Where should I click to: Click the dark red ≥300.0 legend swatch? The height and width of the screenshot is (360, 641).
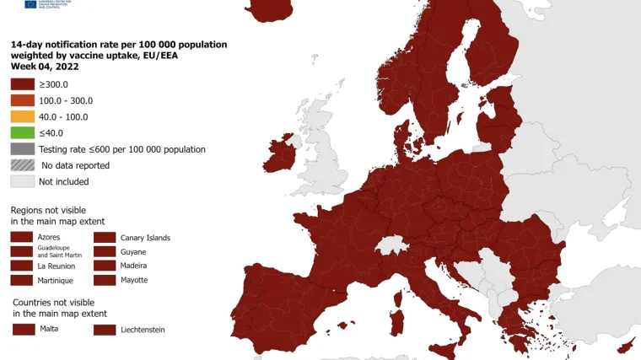tap(22, 84)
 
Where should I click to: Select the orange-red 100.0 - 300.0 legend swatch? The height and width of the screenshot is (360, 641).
tap(22, 100)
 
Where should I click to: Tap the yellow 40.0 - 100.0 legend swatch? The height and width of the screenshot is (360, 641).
tap(22, 116)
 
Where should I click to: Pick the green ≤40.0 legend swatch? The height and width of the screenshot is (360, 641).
tap(22, 132)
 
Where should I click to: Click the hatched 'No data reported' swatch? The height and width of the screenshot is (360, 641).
tap(22, 165)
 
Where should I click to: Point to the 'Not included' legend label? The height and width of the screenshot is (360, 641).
tap(63, 181)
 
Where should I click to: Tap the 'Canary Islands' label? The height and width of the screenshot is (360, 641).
tap(145, 238)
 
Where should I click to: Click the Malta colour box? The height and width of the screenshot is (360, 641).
tap(22, 329)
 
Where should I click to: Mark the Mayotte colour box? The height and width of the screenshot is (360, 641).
tap(105, 279)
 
